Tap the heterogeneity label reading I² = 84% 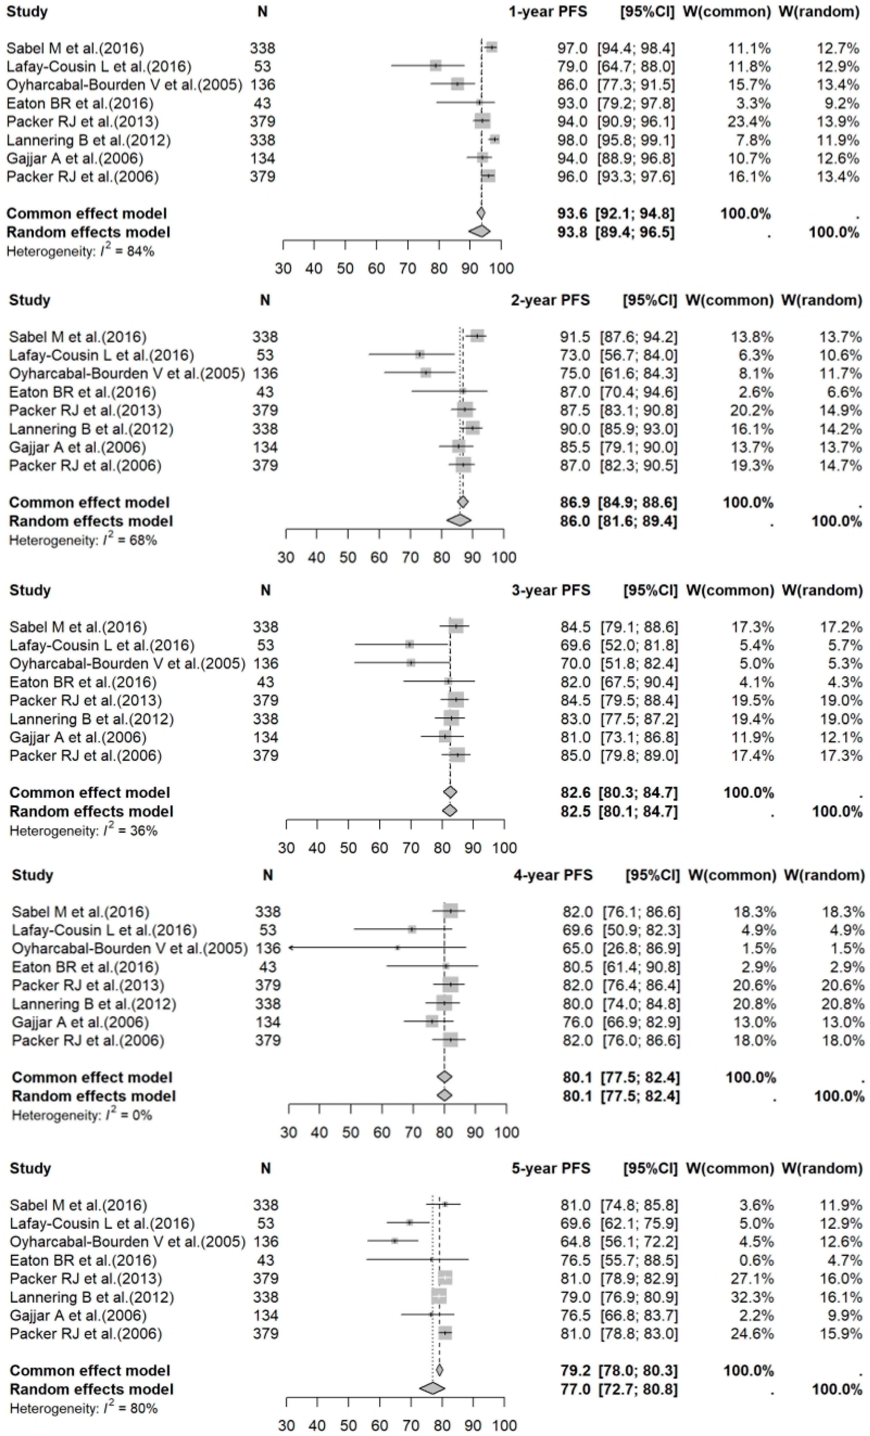[80, 252]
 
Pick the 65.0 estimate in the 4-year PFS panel [577, 948]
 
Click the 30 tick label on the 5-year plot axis [286, 1426]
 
